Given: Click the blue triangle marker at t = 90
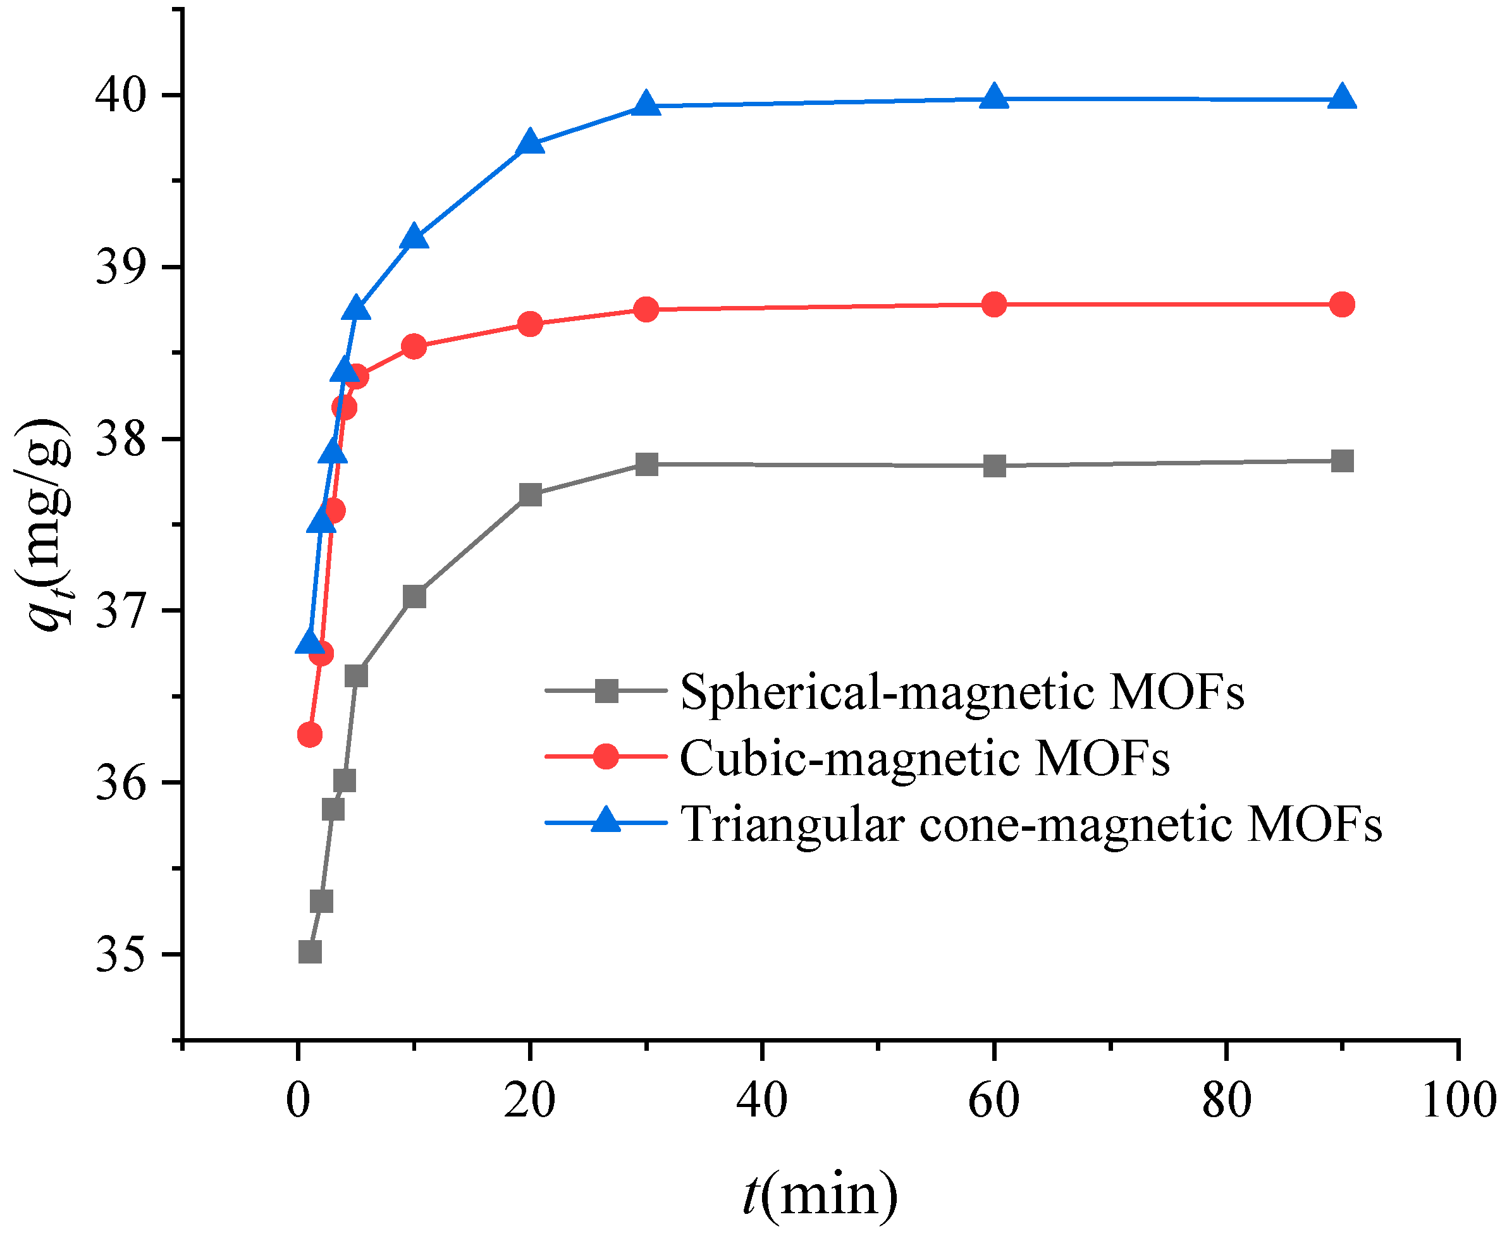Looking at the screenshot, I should [1342, 97].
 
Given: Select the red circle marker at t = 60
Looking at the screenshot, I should [993, 305].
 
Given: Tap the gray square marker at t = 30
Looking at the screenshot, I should [646, 464].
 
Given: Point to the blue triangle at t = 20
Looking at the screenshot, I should [529, 142].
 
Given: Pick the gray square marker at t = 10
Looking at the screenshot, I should [414, 597].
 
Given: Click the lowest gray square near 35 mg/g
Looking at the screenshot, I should [310, 952].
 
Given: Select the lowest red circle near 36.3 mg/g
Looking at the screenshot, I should [309, 734].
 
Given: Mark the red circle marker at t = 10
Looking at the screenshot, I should [414, 346].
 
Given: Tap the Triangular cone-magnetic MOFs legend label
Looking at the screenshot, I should [1031, 824].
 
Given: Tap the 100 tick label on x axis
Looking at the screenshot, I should [1457, 1100].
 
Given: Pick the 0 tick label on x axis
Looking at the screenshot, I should [298, 1100].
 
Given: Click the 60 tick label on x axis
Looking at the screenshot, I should [993, 1100].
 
